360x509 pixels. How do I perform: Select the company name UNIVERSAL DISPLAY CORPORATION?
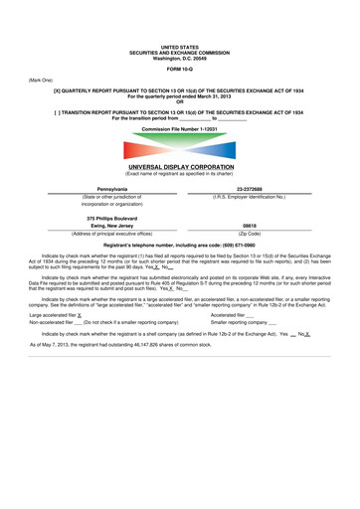click(x=180, y=167)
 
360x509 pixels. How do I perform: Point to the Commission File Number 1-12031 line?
click(x=180, y=130)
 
